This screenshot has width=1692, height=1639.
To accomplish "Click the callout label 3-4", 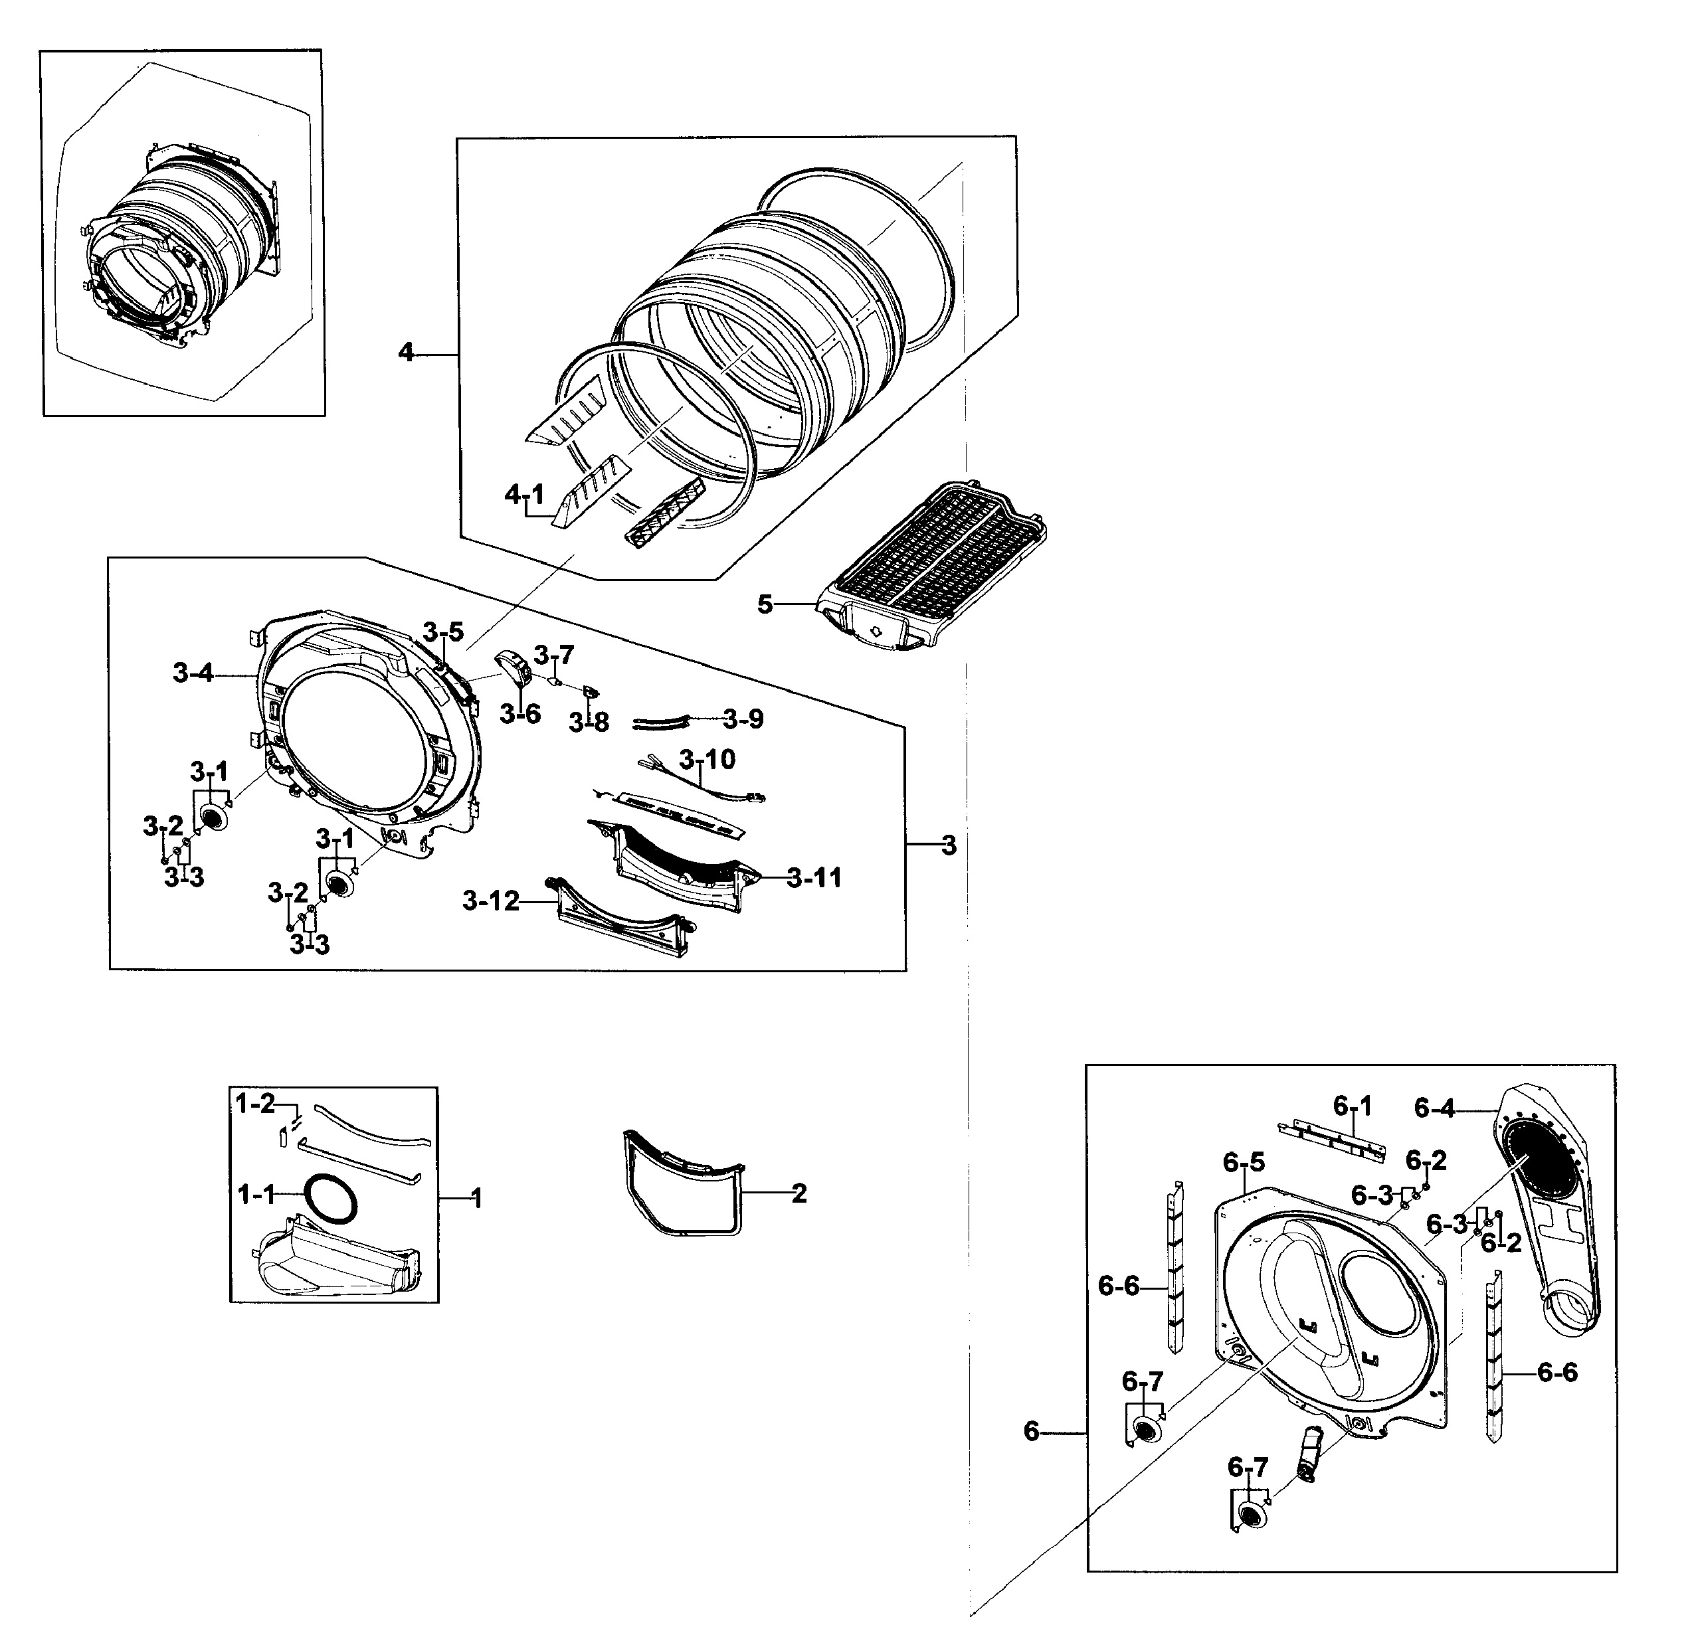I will tap(193, 673).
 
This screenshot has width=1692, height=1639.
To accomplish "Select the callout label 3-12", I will tap(490, 902).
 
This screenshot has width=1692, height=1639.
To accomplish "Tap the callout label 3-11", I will tap(814, 879).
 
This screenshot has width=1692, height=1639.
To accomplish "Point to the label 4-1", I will tap(525, 495).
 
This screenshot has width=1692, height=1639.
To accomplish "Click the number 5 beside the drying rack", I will tap(765, 604).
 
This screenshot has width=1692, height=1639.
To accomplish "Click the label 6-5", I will tap(1244, 1164).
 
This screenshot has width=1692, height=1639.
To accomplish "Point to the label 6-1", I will tap(1352, 1106).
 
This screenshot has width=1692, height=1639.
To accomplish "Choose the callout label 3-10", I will tap(707, 760).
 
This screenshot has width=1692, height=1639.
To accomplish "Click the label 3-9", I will tap(743, 719).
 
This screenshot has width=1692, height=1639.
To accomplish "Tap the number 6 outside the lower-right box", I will tap(1031, 1432).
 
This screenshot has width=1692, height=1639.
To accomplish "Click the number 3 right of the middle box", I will tap(949, 846).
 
